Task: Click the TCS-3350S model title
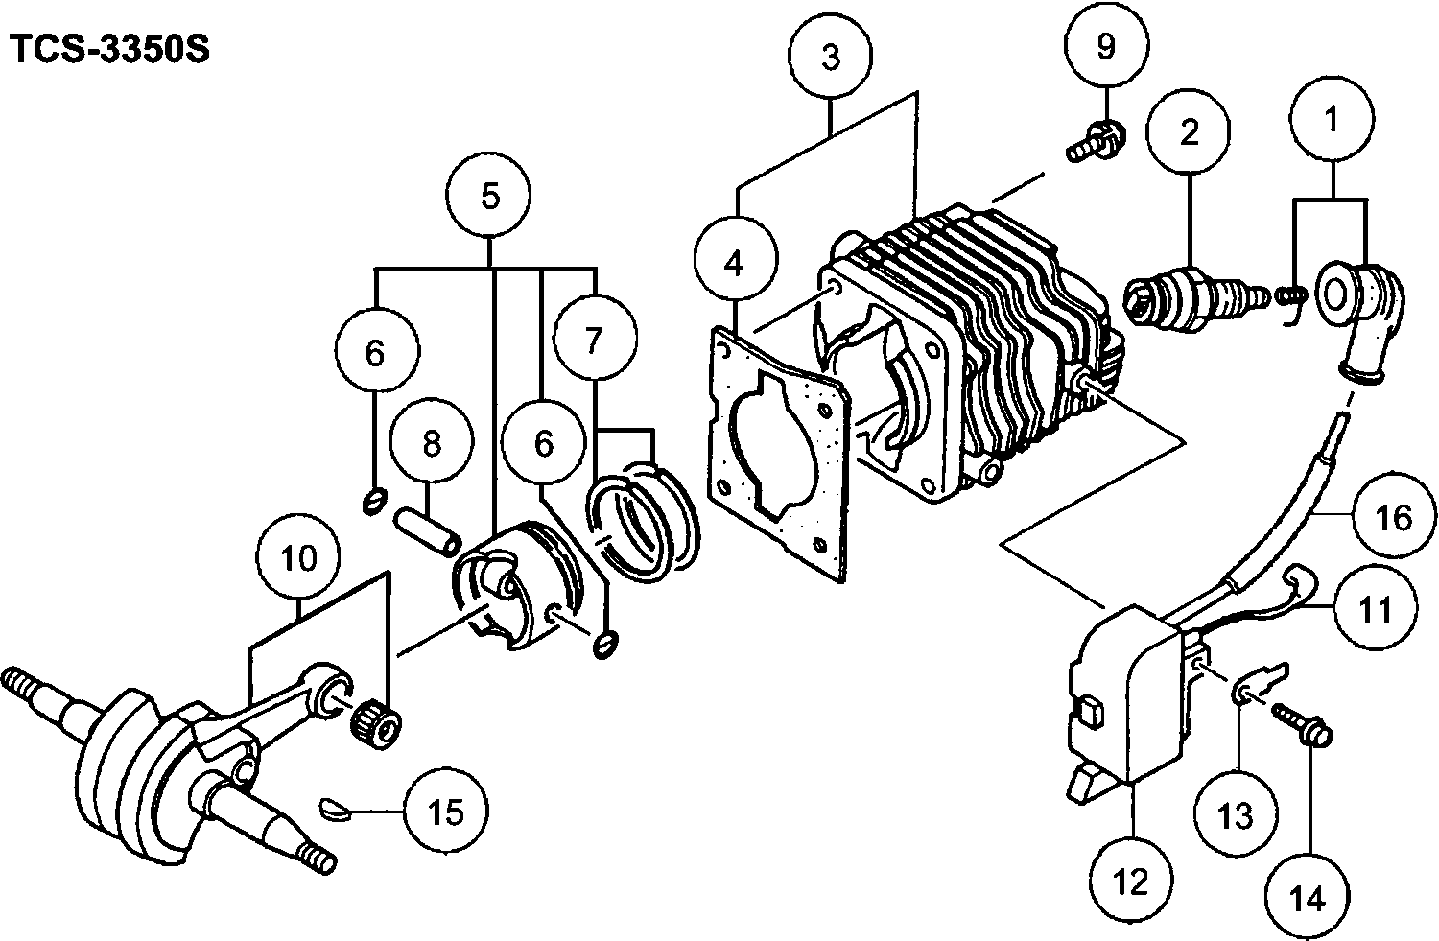[x=110, y=50]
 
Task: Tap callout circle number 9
[x=1106, y=44]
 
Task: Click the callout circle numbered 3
[x=831, y=57]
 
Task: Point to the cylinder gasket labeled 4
[x=779, y=453]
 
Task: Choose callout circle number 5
[x=489, y=196]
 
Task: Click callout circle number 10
[x=299, y=557]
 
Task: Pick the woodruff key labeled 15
[x=336, y=810]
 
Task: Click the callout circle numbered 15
[x=446, y=812]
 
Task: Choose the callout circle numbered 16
[x=1395, y=516]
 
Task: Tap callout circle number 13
[x=1236, y=814]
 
